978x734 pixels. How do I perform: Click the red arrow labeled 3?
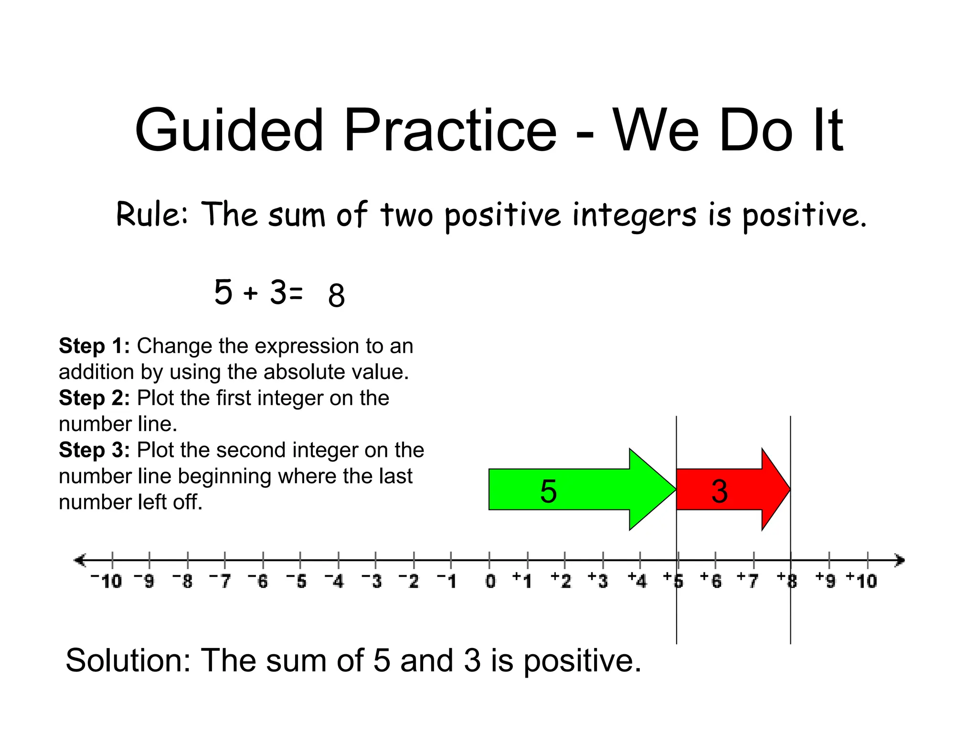[726, 490]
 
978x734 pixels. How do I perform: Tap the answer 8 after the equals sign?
[336, 295]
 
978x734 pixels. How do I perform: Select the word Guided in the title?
[229, 130]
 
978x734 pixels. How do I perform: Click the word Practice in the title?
[450, 130]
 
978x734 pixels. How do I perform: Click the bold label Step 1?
[94, 345]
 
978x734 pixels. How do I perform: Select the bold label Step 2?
[94, 398]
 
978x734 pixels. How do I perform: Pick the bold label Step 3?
[94, 450]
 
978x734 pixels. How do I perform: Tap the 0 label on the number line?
[490, 581]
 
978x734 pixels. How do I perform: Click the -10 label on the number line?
[107, 581]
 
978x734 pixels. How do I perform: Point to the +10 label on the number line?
[862, 581]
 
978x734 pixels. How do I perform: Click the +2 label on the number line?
[561, 581]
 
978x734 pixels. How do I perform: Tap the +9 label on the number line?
[826, 581]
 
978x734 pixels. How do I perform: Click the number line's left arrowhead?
[79, 560]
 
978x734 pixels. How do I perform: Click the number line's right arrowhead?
[900, 560]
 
